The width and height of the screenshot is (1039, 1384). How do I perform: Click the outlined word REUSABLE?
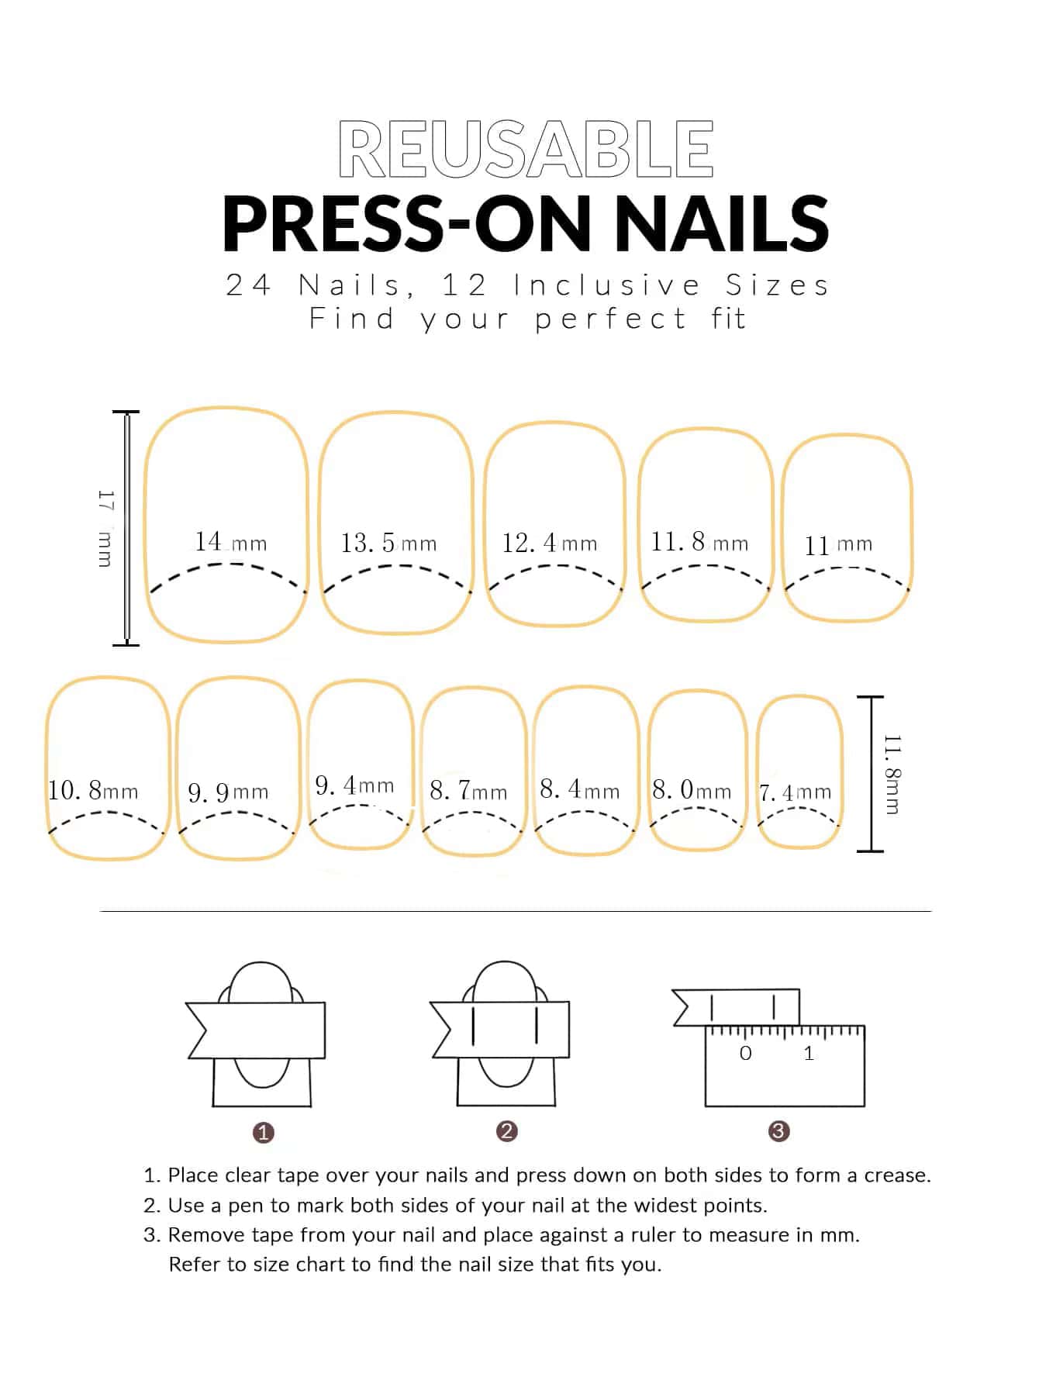[x=526, y=150]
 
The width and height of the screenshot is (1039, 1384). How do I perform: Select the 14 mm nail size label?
[x=230, y=541]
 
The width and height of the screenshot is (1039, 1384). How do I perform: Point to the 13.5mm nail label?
[x=388, y=543]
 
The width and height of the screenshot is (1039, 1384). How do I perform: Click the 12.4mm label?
[x=550, y=543]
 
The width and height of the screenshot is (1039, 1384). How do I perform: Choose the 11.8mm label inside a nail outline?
[x=699, y=541]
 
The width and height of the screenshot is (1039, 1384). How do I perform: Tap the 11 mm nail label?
[x=838, y=545]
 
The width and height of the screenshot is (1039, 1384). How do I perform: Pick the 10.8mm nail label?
[x=93, y=790]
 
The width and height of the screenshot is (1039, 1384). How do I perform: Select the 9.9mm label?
[x=228, y=792]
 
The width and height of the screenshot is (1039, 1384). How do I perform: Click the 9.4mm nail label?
[x=354, y=785]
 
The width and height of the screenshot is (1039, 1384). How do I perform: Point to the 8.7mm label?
[x=468, y=791]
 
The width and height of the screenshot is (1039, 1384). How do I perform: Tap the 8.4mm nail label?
[x=580, y=789]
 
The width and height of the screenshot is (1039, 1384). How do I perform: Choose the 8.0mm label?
[x=692, y=790]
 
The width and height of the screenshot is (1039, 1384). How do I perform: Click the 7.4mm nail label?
[x=795, y=792]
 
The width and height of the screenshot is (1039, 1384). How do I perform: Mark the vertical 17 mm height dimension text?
[x=105, y=528]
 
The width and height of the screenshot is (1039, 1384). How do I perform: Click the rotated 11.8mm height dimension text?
[x=892, y=774]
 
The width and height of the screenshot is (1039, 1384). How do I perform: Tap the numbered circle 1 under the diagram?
[x=264, y=1133]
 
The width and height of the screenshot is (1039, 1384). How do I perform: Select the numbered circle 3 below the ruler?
[x=778, y=1131]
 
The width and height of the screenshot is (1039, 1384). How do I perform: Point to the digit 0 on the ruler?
[x=746, y=1053]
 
